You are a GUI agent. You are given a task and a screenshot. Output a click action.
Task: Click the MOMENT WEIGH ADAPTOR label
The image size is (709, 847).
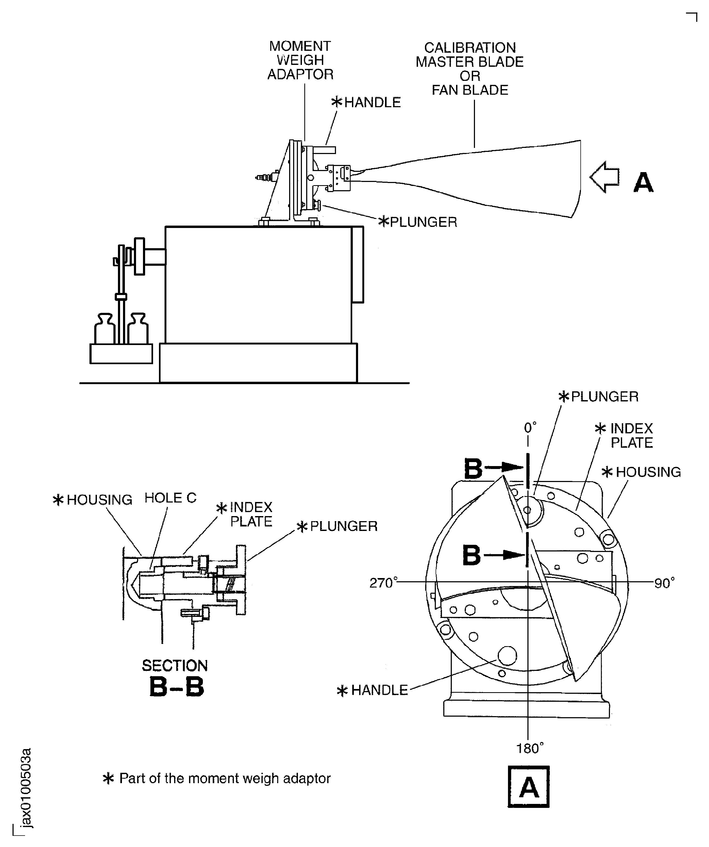[x=300, y=60]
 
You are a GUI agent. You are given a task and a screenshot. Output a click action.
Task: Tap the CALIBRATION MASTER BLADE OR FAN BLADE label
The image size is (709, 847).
[x=470, y=69]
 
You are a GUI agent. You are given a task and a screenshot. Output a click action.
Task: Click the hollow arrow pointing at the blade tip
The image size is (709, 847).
[x=604, y=177]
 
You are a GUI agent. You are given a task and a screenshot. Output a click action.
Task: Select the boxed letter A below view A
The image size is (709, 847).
[x=528, y=787]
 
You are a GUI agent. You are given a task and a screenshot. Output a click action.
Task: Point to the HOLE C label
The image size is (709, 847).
[x=170, y=498]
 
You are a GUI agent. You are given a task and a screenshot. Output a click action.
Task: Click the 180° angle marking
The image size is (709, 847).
[x=530, y=749]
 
